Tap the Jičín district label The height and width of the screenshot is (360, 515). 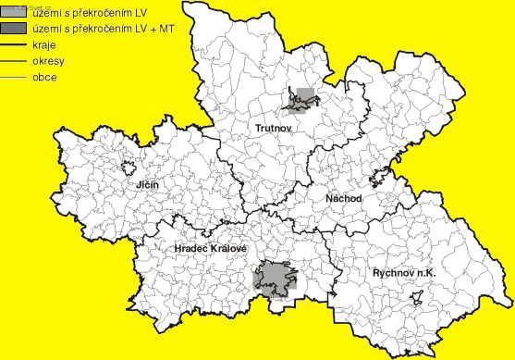[x=147, y=186]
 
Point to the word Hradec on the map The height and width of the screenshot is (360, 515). [x=192, y=250]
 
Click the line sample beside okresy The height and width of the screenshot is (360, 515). [x=15, y=61]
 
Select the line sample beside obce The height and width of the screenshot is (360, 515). [x=15, y=76]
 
